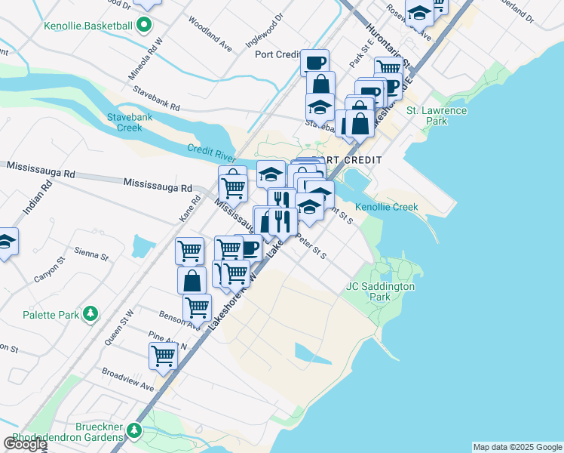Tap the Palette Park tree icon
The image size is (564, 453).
tap(90, 313)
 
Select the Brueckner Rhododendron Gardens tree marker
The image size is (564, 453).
tap(134, 430)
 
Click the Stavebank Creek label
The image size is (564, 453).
tap(130, 122)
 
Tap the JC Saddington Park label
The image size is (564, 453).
tap(380, 292)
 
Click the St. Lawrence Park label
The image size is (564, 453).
tap(437, 116)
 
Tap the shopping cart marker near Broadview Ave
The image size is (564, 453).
tap(163, 356)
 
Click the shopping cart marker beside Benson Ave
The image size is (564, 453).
tap(197, 307)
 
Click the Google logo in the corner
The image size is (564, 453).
tap(25, 443)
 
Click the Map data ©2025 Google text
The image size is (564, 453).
tap(516, 447)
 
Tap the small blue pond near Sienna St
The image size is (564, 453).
tap(141, 245)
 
